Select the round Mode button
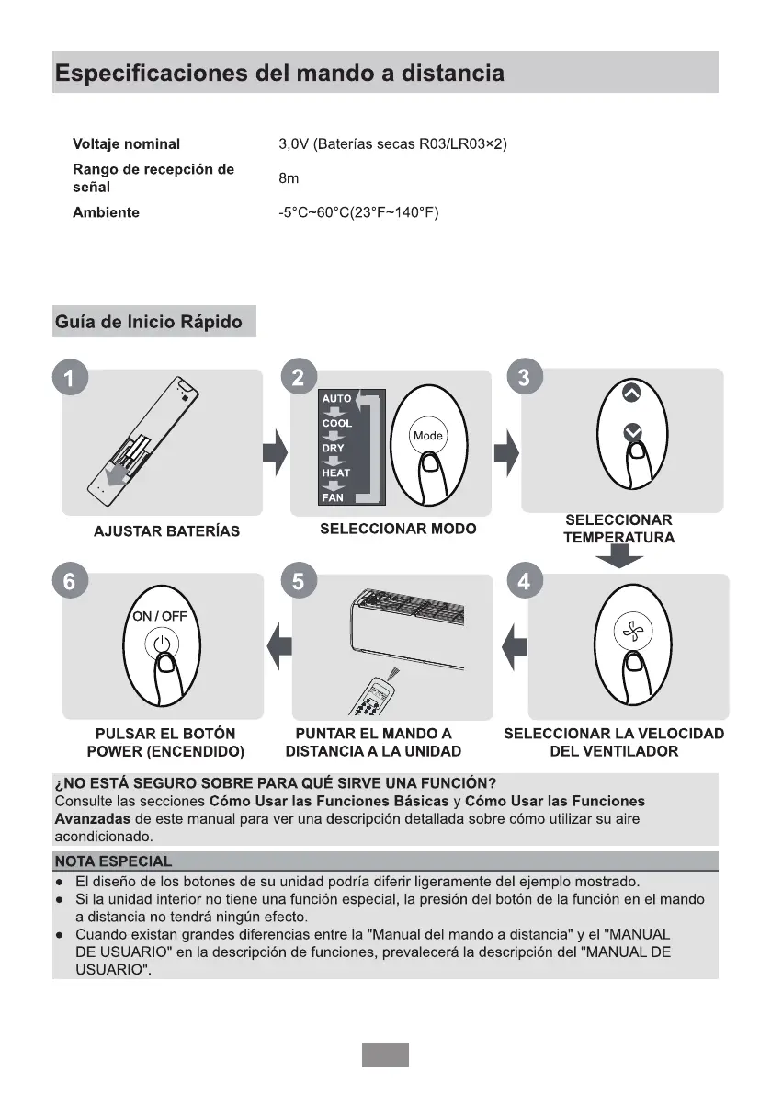(427, 435)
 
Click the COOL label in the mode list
(336, 424)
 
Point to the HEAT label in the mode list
(335, 473)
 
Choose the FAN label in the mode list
(333, 497)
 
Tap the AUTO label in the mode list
(336, 399)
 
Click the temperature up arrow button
(630, 392)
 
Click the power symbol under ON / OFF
(162, 643)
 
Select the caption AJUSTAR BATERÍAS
(166, 531)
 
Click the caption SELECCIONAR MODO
(398, 529)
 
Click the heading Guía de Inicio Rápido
(149, 322)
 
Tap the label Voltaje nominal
(126, 144)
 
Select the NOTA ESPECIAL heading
(113, 861)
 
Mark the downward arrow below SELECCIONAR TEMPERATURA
(620, 555)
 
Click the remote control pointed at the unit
(378, 694)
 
